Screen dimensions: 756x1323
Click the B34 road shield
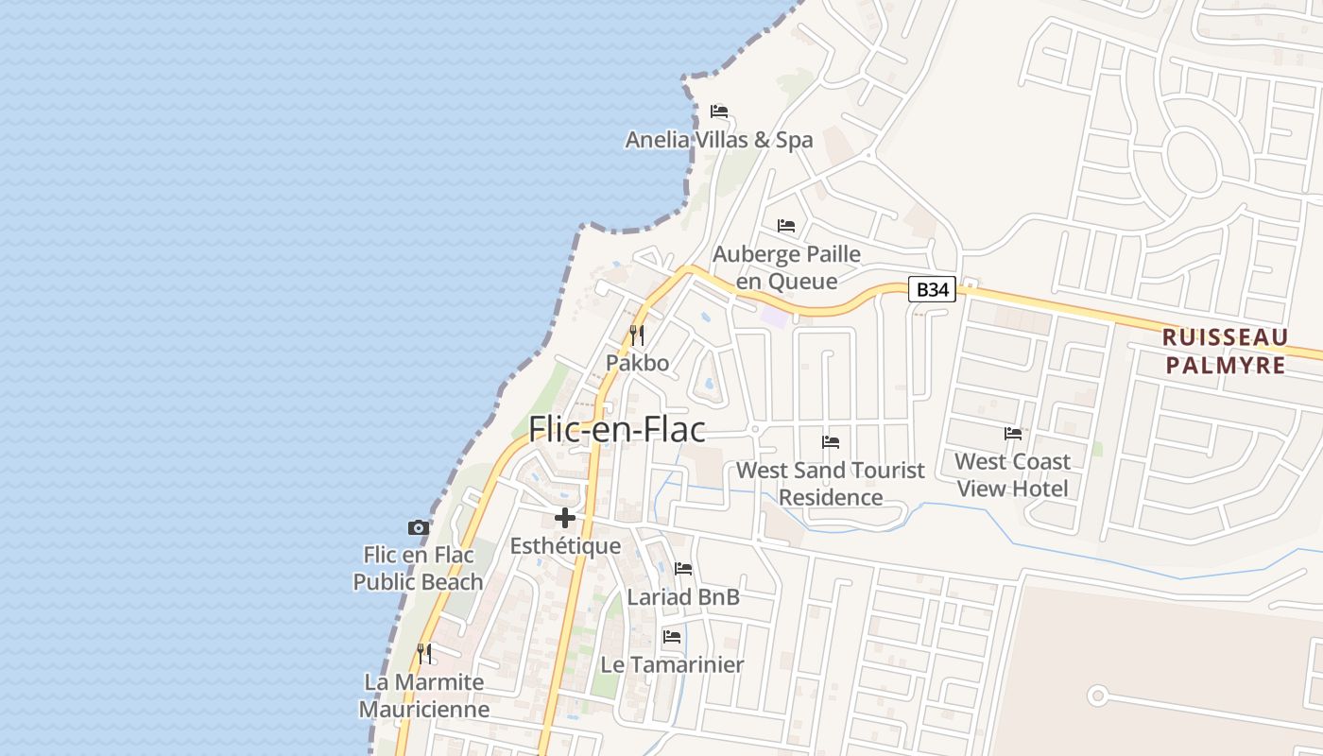tap(932, 289)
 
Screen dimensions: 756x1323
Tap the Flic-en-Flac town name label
tap(617, 429)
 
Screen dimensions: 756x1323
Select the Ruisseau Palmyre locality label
tap(1225, 351)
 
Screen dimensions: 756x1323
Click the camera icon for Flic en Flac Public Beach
tap(418, 527)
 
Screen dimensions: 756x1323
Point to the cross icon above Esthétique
tap(565, 518)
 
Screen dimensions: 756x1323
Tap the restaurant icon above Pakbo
tap(637, 335)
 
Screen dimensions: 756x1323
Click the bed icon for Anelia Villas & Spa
tap(719, 112)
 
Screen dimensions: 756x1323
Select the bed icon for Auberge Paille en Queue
tap(786, 226)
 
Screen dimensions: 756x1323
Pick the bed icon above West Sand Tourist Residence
tap(831, 441)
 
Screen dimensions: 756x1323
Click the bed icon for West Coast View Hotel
tap(1013, 434)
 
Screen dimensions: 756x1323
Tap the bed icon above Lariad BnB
tap(683, 569)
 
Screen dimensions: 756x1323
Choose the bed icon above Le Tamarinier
tap(672, 636)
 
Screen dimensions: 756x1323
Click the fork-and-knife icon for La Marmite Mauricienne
tap(424, 653)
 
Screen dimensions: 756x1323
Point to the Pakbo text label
tap(637, 363)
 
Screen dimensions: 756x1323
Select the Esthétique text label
tap(565, 546)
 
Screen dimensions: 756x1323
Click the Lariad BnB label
tap(683, 597)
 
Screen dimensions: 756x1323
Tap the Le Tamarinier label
tap(672, 664)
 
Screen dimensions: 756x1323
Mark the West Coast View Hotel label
tap(1012, 474)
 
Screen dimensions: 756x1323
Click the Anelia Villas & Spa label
tap(719, 140)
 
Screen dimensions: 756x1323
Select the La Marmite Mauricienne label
tap(424, 696)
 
